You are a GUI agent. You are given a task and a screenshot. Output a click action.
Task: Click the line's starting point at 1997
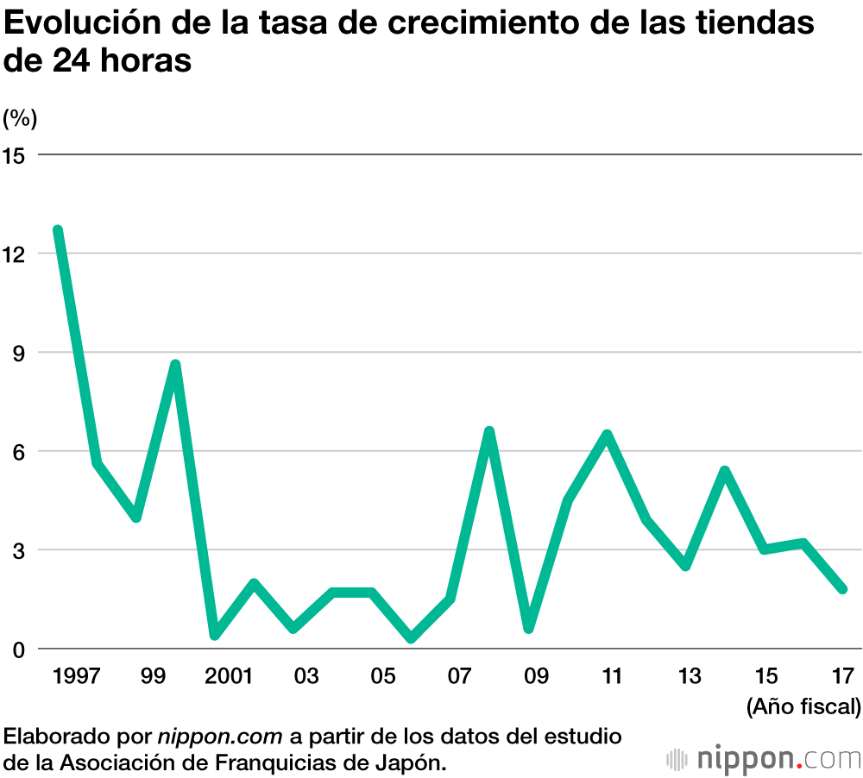[x=58, y=230]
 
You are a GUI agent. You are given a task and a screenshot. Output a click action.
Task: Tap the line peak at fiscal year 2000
[x=175, y=365]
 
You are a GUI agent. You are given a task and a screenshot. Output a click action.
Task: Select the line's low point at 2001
[x=215, y=635]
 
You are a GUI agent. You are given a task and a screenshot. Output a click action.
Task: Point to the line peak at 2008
[x=489, y=431]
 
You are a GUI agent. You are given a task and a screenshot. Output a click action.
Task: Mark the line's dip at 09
[x=528, y=628]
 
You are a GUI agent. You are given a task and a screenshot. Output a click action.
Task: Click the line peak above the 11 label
[x=607, y=435]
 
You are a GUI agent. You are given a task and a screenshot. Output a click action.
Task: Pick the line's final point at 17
[x=842, y=589]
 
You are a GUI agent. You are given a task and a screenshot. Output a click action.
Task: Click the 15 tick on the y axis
[x=16, y=155]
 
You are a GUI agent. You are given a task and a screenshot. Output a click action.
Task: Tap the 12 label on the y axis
[x=16, y=254]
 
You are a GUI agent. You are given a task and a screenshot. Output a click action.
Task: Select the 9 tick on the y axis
[x=19, y=353]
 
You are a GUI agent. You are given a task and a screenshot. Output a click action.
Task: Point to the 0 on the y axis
[x=19, y=649]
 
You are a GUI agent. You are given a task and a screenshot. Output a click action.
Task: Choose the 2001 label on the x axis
[x=228, y=676]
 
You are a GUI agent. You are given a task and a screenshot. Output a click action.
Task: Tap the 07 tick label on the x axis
[x=459, y=676]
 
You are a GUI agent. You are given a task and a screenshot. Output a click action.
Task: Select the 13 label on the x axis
[x=690, y=676]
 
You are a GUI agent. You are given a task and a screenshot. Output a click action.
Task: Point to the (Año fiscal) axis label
[x=803, y=707]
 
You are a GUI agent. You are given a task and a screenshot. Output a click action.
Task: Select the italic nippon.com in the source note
[x=219, y=737]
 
